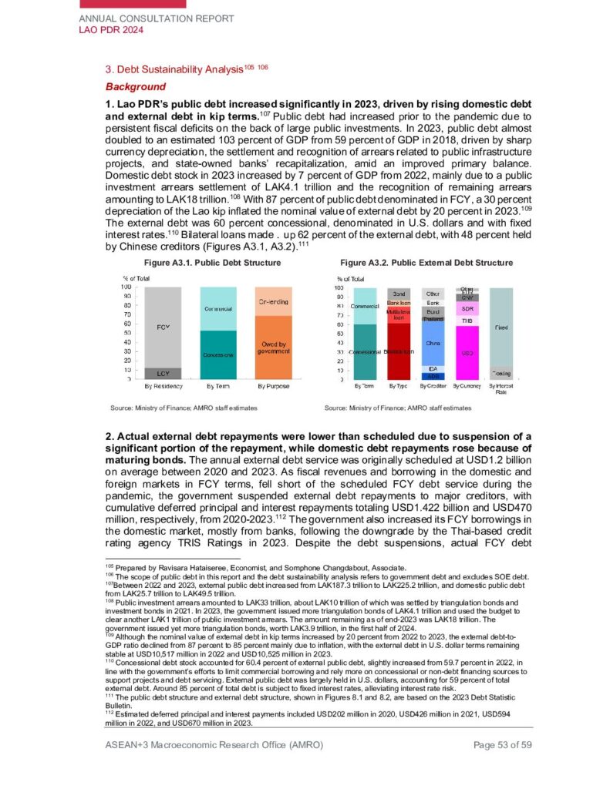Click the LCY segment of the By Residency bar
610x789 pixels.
click(x=164, y=373)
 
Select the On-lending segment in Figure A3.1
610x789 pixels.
click(x=273, y=301)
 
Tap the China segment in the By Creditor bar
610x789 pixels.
click(x=433, y=343)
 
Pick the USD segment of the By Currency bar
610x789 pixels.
click(x=467, y=353)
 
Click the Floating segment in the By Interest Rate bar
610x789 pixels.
click(x=500, y=372)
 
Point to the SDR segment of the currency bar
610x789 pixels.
click(x=467, y=308)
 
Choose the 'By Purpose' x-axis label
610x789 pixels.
click(x=273, y=385)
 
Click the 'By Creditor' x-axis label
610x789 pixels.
click(x=433, y=385)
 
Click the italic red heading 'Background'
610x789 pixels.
click(x=135, y=86)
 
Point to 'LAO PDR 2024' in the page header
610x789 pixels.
click(x=112, y=30)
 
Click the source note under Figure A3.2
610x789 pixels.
click(x=397, y=407)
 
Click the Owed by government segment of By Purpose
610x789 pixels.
click(x=273, y=347)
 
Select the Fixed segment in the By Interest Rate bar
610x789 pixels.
click(x=500, y=327)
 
